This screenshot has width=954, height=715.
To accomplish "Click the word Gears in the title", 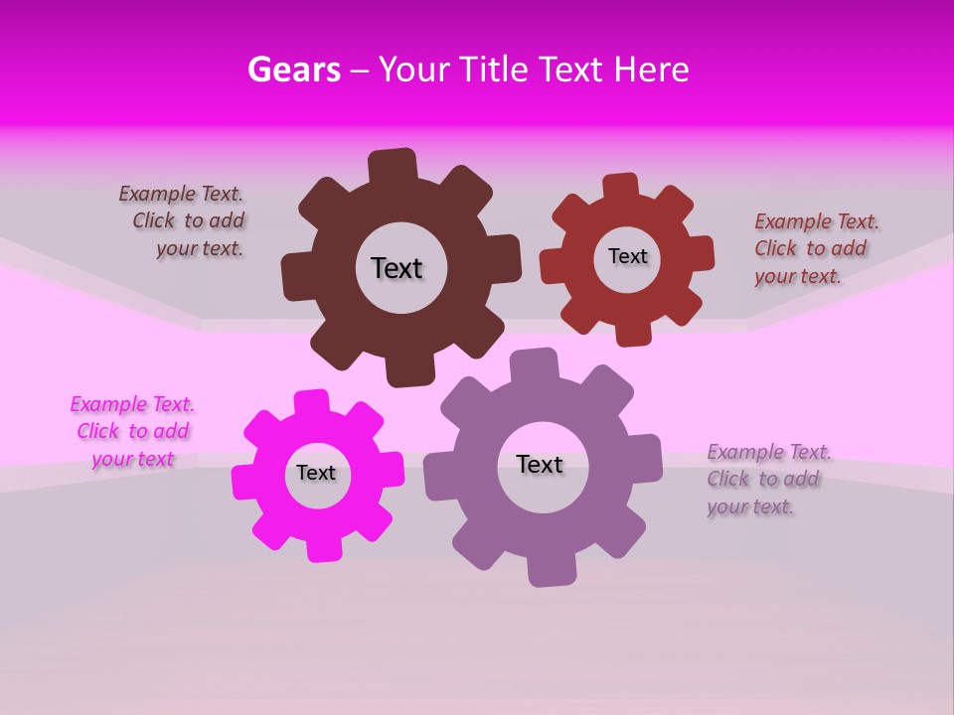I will (x=293, y=70).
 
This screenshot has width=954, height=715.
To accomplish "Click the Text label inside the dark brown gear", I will (x=397, y=268).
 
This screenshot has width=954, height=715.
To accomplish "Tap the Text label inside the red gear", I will (x=627, y=256).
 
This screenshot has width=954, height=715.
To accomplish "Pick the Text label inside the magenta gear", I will (x=316, y=473).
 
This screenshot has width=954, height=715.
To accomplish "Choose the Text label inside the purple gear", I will (x=540, y=464).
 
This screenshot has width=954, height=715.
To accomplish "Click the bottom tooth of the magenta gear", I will (x=323, y=548).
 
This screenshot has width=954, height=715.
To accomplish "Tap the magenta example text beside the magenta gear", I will (x=132, y=432).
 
